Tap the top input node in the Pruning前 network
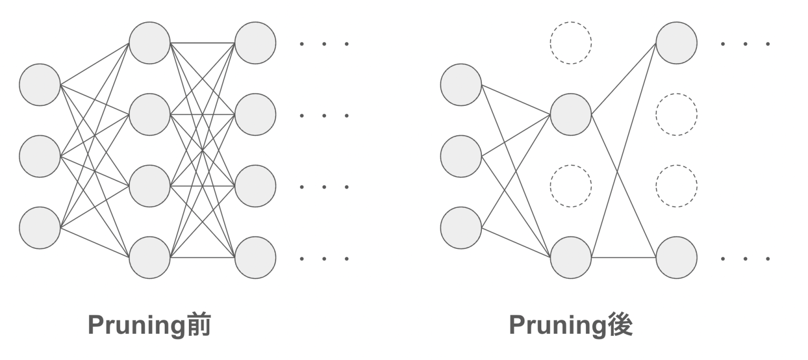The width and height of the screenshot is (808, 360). click(40, 85)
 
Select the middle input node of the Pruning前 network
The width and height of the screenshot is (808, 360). click(40, 156)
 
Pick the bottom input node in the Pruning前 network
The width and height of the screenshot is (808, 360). click(40, 228)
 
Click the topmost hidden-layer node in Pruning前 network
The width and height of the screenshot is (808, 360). click(150, 43)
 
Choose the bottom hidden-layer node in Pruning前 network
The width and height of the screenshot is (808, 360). click(150, 257)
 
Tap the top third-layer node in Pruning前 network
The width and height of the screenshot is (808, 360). click(255, 43)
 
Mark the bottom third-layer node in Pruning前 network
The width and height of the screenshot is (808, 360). click(255, 257)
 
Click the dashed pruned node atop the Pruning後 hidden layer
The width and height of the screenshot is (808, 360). click(571, 43)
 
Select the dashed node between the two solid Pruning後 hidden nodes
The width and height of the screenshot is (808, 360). click(571, 186)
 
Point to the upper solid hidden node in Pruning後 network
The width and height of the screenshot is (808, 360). click(571, 114)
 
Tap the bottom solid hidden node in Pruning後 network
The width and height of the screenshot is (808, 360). click(571, 257)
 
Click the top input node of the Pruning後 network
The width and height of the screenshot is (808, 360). click(461, 85)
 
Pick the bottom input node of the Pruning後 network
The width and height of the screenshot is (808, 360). click(461, 228)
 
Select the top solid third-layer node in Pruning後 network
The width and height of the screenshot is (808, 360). click(676, 43)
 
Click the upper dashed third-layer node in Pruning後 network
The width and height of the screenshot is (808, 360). click(676, 114)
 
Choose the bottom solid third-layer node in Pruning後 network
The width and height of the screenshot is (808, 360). click(676, 257)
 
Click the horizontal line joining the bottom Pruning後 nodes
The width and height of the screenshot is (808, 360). click(623, 258)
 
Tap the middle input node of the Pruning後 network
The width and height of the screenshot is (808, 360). click(461, 156)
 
